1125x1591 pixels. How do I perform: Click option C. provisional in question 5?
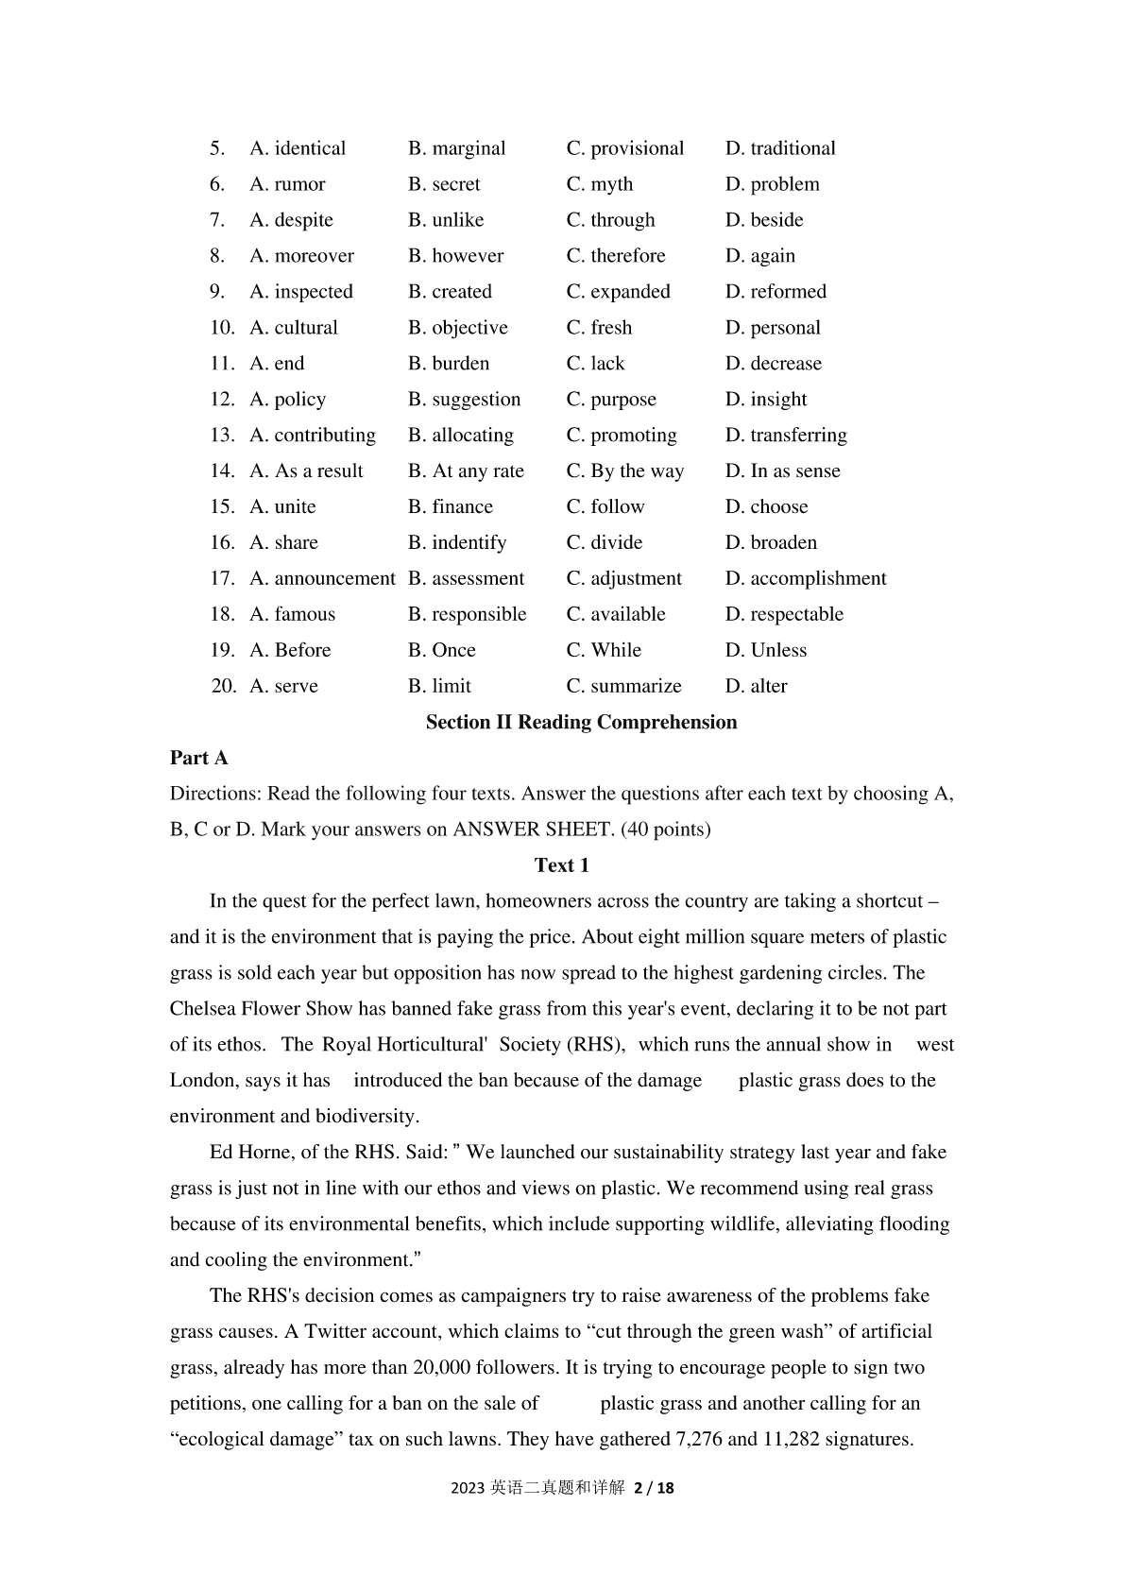624,148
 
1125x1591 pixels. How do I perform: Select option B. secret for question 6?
444,184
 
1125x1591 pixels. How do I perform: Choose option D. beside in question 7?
763,220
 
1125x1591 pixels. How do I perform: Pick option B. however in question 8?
455,256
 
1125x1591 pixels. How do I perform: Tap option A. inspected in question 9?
300,292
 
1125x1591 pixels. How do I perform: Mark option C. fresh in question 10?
599,328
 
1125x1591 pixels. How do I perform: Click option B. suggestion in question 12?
464,400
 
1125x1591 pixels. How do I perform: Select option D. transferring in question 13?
785,436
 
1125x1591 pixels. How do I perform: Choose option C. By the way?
624,471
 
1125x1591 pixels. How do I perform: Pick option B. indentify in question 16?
457,543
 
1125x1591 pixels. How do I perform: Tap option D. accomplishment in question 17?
805,579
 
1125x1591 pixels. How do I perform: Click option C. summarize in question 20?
623,687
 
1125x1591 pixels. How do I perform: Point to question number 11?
222,364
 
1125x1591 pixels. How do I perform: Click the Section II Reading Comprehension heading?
581,723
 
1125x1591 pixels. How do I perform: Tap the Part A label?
199,759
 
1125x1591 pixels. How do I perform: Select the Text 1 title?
561,865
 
